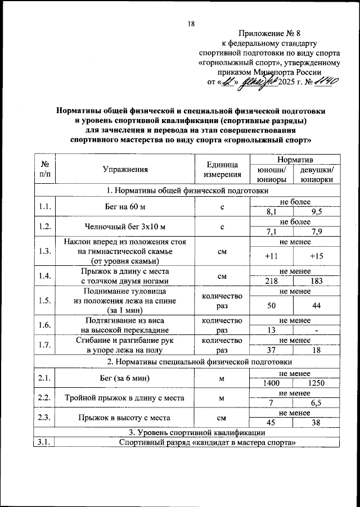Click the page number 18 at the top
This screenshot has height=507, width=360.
click(191, 24)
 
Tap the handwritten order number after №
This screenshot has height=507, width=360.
click(325, 82)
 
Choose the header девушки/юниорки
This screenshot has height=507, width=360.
click(317, 175)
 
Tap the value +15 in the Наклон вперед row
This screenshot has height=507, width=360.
click(317, 257)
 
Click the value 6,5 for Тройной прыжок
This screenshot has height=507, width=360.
click(317, 402)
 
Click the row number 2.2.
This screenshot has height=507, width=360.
click(46, 397)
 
